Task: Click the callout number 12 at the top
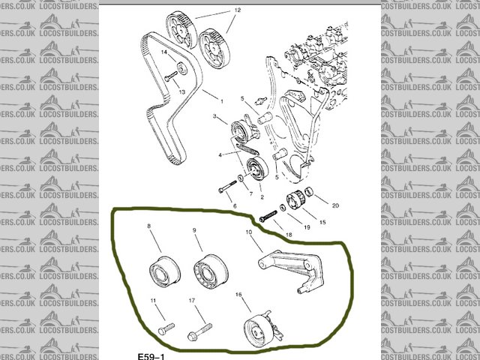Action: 238,11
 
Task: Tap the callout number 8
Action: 148,226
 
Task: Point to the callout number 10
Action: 247,233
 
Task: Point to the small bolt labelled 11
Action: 166,328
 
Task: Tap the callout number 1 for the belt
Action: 222,100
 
